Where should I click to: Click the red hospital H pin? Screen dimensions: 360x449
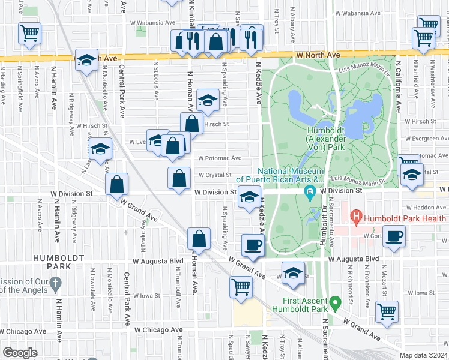point(357,216)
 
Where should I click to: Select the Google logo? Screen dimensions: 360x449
point(19,353)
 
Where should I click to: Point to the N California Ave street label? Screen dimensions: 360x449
point(397,87)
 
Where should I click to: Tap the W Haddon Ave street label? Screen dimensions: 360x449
point(429,207)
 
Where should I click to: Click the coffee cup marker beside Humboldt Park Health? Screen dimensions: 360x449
point(394,236)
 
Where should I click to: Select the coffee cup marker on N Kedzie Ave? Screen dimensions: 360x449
point(253,245)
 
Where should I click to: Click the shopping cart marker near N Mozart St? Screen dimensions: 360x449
point(387,311)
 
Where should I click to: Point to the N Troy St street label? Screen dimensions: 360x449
point(277,22)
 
